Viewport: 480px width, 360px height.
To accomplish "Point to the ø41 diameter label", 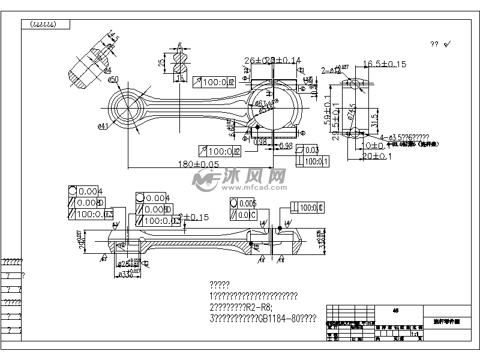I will click(x=102, y=125).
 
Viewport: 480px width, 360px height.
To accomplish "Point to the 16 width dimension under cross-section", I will click(x=179, y=78).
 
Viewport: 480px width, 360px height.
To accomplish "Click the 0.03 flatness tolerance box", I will click(x=311, y=150).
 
